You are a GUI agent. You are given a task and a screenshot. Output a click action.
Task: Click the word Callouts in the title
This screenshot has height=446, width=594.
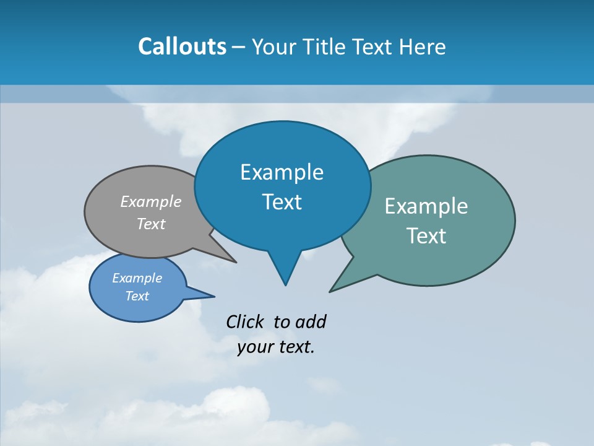point(182,46)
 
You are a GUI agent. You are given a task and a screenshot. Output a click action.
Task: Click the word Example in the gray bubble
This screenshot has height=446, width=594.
point(151,202)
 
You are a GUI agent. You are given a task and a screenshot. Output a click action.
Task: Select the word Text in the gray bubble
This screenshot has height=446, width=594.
point(151,224)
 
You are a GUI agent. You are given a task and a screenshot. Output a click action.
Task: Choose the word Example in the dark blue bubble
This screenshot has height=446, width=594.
point(282,172)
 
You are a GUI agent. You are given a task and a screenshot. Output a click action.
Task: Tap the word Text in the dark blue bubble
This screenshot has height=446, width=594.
point(282,202)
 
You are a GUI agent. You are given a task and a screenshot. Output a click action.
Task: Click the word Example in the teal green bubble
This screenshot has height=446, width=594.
point(426,206)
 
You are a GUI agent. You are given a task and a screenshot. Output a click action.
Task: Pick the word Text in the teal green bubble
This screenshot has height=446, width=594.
point(426,236)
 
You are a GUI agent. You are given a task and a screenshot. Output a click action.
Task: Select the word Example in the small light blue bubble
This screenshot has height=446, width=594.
point(137,278)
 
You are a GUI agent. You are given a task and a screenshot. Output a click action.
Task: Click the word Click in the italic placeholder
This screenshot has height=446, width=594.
point(244,322)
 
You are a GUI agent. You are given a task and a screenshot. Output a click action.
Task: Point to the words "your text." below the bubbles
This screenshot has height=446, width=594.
point(276,348)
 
